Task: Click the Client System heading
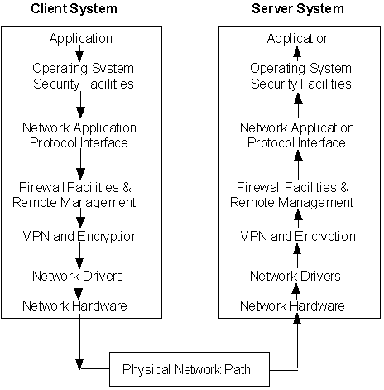74,8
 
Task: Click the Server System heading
298,8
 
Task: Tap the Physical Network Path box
190,369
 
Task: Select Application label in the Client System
81,39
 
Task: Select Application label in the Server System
299,39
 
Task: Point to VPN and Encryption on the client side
80,237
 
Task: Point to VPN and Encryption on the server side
298,237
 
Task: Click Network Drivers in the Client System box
78,276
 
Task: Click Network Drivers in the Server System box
295,276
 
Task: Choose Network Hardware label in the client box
74,306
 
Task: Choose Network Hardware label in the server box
292,306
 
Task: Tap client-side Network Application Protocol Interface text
79,135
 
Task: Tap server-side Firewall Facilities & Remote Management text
292,195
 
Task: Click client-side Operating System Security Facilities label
83,76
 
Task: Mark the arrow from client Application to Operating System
79,53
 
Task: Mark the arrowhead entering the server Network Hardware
297,319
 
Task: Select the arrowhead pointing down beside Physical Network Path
79,364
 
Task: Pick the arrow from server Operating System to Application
297,53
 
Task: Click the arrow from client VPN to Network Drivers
79,255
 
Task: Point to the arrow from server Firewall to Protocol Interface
298,165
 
